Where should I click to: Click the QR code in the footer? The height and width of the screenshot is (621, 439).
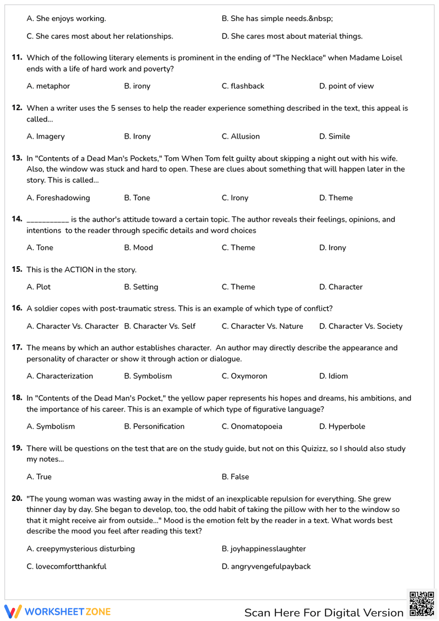click(421, 604)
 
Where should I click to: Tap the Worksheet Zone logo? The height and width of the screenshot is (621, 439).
click(58, 612)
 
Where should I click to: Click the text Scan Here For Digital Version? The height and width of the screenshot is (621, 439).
click(324, 613)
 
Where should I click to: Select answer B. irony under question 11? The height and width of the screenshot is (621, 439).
click(137, 86)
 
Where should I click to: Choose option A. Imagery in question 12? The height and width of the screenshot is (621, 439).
click(46, 137)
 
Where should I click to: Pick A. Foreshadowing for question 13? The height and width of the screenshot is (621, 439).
click(58, 198)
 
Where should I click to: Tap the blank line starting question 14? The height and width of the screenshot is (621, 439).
click(47, 220)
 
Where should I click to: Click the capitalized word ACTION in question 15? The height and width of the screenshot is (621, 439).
click(79, 270)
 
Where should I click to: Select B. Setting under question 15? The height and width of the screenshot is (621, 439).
click(141, 287)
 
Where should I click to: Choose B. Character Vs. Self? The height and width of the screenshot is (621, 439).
click(160, 326)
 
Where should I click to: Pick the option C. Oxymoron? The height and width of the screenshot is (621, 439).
click(244, 376)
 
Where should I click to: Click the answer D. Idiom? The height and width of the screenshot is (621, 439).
click(333, 376)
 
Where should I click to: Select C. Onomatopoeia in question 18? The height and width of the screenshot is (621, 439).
click(252, 426)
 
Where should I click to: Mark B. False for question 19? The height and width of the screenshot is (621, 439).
click(235, 477)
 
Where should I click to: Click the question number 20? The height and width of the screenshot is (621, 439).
click(17, 498)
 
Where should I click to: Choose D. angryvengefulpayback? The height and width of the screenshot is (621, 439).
click(266, 567)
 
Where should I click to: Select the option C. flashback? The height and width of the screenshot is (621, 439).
click(243, 86)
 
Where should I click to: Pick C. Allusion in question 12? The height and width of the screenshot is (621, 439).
click(241, 137)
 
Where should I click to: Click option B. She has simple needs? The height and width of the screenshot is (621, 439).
click(277, 18)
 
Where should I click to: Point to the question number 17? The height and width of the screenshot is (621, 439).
click(17, 347)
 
